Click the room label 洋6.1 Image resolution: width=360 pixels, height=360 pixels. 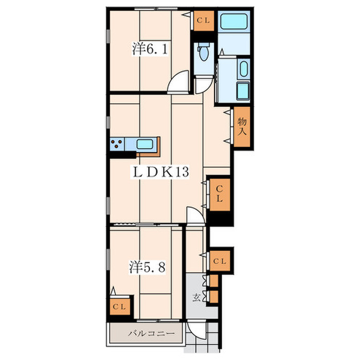pyautogui.click(x=150, y=49)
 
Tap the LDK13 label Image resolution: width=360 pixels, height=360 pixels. pyautogui.click(x=160, y=172)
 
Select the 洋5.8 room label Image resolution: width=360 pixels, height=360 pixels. pyautogui.click(x=147, y=267)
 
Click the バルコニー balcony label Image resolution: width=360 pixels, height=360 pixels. pyautogui.click(x=151, y=333)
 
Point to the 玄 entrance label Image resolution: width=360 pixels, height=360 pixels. pyautogui.click(x=196, y=298)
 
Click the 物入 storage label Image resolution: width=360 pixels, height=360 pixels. pyautogui.click(x=242, y=127)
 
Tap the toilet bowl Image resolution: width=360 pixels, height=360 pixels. pyautogui.click(x=204, y=52)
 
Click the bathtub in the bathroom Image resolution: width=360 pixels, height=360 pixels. pyautogui.click(x=234, y=22)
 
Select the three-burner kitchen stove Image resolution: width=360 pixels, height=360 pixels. pyautogui.click(x=117, y=144)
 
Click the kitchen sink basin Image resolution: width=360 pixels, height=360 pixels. pyautogui.click(x=145, y=144)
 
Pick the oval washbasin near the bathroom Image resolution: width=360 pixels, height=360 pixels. pyautogui.click(x=244, y=69)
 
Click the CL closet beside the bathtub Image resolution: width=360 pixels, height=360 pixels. pyautogui.click(x=204, y=21)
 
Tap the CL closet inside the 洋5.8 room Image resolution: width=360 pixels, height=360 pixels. pyautogui.click(x=120, y=307)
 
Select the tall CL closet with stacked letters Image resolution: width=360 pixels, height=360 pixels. pyautogui.click(x=220, y=195)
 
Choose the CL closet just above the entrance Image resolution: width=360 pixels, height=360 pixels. pyautogui.click(x=220, y=261)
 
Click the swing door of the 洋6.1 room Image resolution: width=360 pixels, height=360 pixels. pyautogui.click(x=178, y=82)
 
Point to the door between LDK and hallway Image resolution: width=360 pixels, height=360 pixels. pyautogui.click(x=195, y=215)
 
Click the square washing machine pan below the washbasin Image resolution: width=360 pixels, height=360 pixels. pyautogui.click(x=243, y=91)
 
